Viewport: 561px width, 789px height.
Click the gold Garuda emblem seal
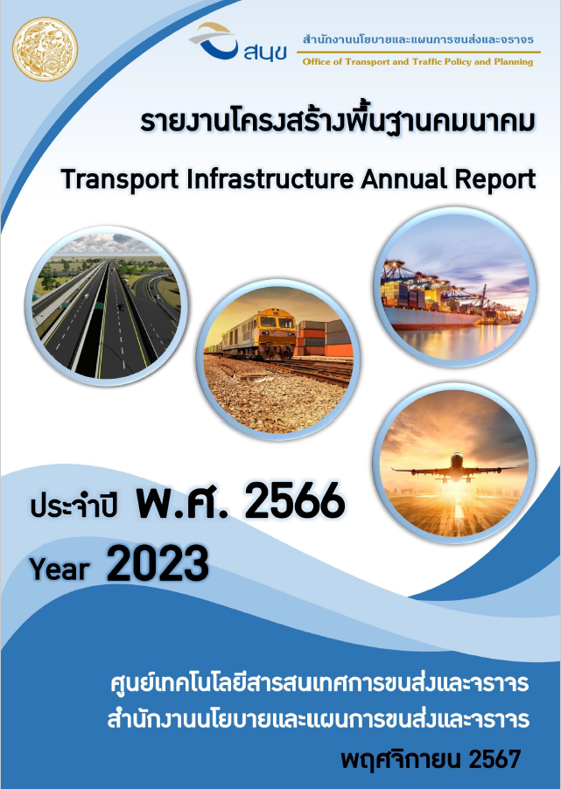pyautogui.click(x=45, y=49)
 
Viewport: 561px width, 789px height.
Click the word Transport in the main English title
pyautogui.click(x=120, y=179)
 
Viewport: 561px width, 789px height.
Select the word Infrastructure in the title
pyautogui.click(x=270, y=178)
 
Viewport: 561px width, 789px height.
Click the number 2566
pyautogui.click(x=295, y=501)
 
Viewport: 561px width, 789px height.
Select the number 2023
pyautogui.click(x=158, y=563)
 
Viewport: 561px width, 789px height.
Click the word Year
pyautogui.click(x=60, y=569)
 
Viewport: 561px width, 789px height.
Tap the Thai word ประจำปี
pyautogui.click(x=74, y=505)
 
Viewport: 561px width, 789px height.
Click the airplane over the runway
pyautogui.click(x=455, y=469)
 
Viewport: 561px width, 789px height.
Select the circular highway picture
pyautogui.click(x=106, y=306)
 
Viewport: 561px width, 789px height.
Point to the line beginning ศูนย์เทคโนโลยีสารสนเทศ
pyautogui.click(x=319, y=683)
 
